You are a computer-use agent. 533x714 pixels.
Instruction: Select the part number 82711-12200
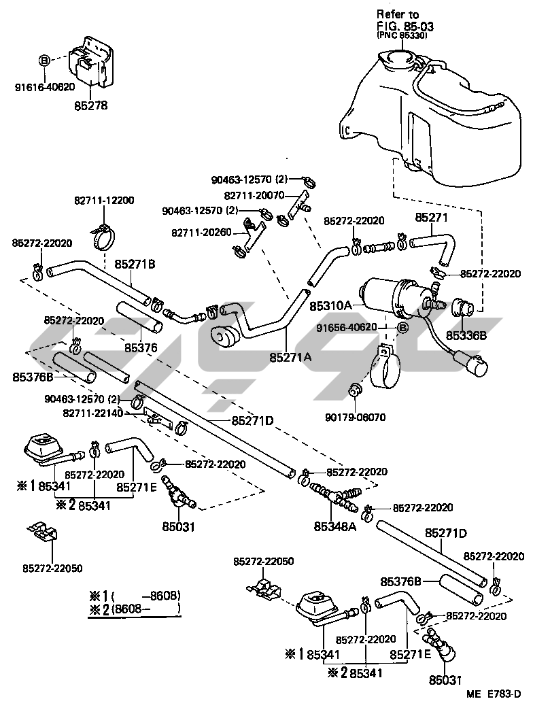pos(104,201)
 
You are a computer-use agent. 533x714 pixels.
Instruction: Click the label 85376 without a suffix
pos(141,347)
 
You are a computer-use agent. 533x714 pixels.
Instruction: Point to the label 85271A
pos(290,355)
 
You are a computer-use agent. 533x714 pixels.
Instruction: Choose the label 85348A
pos(335,526)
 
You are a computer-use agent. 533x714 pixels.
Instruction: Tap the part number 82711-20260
pos(201,233)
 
